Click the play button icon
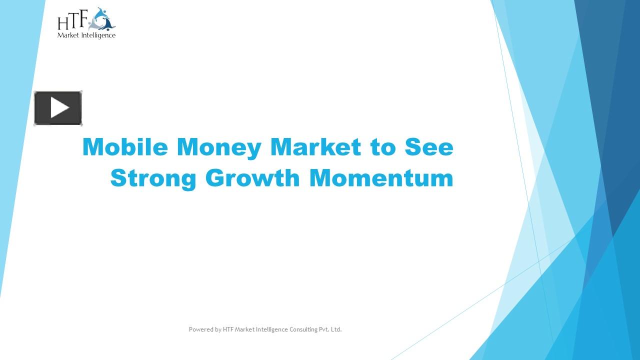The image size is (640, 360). coord(58,108)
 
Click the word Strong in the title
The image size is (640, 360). coord(153,178)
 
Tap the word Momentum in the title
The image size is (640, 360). coord(381,178)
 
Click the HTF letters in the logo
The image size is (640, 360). coord(72,21)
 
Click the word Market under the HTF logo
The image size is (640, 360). coord(67,35)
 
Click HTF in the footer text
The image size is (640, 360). coord(228,329)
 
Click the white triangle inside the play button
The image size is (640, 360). coord(59,108)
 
